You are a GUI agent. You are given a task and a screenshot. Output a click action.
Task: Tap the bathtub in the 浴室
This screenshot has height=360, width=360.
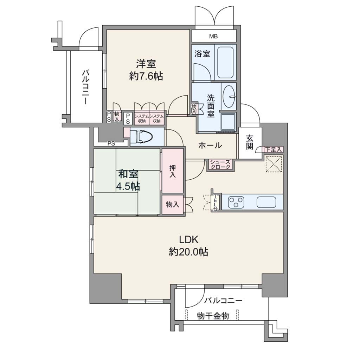coord(225,63)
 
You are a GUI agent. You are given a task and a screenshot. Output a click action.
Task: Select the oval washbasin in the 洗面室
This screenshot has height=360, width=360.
coord(229,96)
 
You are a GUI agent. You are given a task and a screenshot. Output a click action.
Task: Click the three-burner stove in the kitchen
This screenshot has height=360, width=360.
coord(236,202)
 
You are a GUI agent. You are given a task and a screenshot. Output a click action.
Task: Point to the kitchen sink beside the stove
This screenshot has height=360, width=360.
coord(266,202)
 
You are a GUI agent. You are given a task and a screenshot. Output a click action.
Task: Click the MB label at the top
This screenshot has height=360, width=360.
coord(213,36)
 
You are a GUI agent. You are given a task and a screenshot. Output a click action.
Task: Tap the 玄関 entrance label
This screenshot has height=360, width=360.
coord(250,142)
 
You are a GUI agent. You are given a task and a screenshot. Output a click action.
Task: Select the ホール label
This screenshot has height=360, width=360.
coord(210,145)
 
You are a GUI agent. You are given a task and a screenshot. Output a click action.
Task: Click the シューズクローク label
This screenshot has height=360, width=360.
coord(220,165)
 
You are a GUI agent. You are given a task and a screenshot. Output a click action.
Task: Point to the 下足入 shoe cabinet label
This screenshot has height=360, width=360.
coord(273,150)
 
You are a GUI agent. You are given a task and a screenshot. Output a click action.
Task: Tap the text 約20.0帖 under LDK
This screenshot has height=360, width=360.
coord(188,252)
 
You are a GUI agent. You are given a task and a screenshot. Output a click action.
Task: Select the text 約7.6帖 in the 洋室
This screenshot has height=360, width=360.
coord(146,76)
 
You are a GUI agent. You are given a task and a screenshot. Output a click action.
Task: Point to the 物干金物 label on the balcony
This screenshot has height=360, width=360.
coord(213,316)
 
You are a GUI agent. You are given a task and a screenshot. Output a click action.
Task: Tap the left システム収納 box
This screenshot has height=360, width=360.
coord(142,118)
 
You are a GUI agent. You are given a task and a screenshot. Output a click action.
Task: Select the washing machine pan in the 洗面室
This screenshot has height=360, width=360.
coord(228,122)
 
